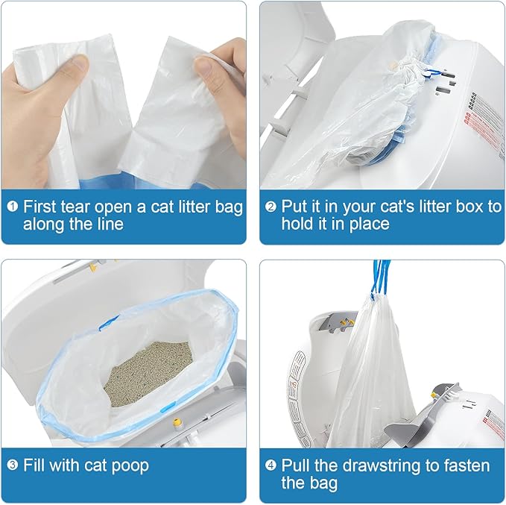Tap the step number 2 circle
271,207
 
